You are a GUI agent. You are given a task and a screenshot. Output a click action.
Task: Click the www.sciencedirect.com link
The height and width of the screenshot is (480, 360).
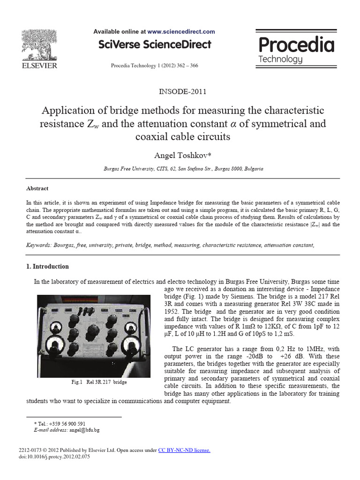tap(181, 32)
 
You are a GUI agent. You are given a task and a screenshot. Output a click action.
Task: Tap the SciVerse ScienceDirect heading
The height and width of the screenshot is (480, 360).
tap(154, 45)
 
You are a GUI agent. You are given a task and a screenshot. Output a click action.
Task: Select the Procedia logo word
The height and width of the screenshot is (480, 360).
tap(296, 45)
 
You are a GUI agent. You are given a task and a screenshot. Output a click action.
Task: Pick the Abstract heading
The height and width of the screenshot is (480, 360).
tap(37, 188)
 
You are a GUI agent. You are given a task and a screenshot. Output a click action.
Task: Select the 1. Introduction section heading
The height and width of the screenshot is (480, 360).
tap(47, 267)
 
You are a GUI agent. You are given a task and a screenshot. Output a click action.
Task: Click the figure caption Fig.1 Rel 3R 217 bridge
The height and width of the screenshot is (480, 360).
tap(99, 382)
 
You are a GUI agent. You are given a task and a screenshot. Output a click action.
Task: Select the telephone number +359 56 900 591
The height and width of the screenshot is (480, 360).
tap(62, 423)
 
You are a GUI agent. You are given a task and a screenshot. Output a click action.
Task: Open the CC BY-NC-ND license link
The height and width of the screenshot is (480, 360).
tap(184, 450)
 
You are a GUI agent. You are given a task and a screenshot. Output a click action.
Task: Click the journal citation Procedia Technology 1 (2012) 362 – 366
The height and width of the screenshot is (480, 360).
tap(154, 66)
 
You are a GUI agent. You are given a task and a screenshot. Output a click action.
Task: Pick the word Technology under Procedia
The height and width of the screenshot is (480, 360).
tap(280, 60)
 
